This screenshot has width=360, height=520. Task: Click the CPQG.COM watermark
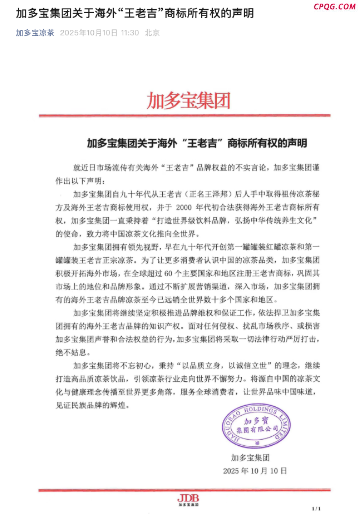pyautogui.click(x=335, y=7)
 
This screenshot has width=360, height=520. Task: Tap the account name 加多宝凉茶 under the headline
pyautogui.click(x=35, y=33)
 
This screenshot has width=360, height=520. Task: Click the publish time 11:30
pyautogui.click(x=129, y=33)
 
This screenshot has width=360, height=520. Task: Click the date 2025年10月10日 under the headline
pyautogui.click(x=88, y=33)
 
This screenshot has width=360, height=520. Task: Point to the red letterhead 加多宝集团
pyautogui.click(x=188, y=100)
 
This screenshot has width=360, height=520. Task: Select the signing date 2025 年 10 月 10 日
pyautogui.click(x=255, y=471)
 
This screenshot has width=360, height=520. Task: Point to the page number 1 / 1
pyautogui.click(x=316, y=508)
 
